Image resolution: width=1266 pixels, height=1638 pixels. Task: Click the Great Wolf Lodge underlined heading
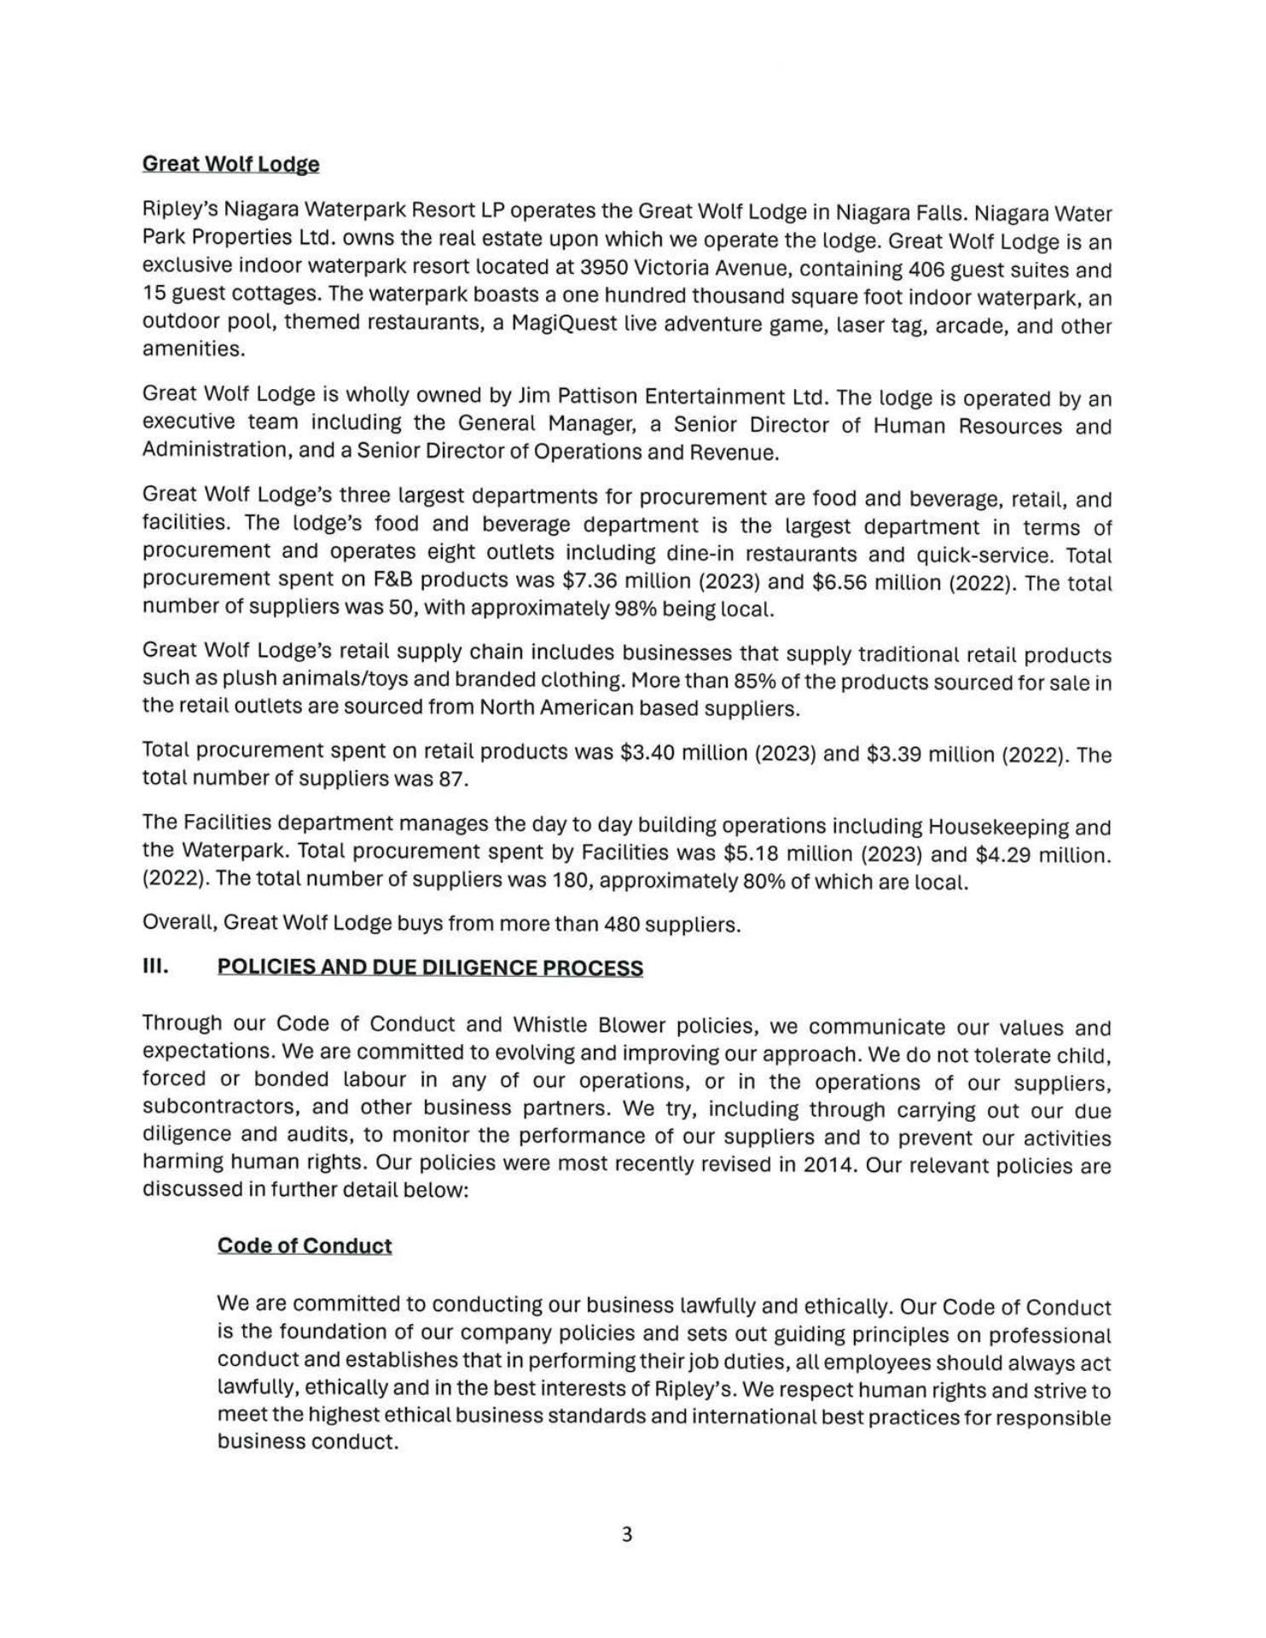tap(230, 164)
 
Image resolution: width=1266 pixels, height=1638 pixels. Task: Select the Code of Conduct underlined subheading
tap(305, 1246)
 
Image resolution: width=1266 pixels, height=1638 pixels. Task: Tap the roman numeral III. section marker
tap(155, 967)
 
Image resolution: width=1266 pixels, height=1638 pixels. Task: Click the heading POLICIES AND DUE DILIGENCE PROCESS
tap(430, 967)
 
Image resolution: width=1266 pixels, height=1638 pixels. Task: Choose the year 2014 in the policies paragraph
tap(829, 1165)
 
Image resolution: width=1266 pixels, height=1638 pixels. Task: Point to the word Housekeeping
tap(993, 827)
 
